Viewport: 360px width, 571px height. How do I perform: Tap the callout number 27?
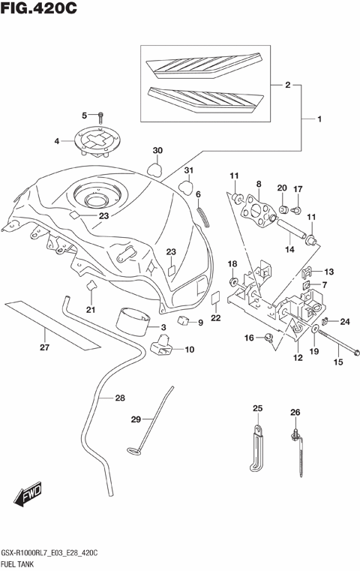click(x=45, y=347)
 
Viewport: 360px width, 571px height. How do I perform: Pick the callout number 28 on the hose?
click(x=120, y=398)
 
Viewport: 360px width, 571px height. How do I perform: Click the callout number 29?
click(x=136, y=419)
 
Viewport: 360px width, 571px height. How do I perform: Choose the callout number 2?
click(x=287, y=86)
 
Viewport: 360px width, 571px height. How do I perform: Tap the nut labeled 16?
click(x=268, y=338)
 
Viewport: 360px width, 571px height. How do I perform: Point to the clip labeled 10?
click(x=161, y=347)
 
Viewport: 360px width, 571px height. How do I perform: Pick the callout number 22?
click(x=216, y=318)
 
